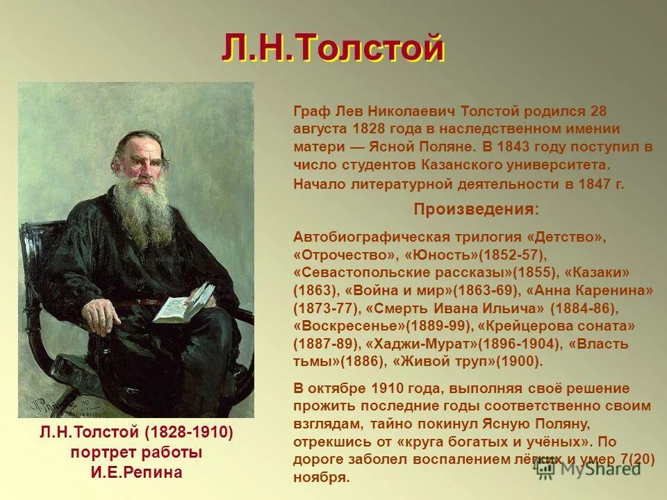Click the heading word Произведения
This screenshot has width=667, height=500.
pyautogui.click(x=475, y=209)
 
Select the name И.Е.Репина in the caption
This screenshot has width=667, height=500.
pyautogui.click(x=136, y=474)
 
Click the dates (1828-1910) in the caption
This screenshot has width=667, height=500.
pyautogui.click(x=189, y=433)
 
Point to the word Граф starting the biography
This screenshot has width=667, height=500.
pyautogui.click(x=310, y=111)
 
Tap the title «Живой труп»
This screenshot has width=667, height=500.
pyautogui.click(x=438, y=362)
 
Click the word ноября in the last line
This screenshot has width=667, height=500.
pyautogui.click(x=321, y=478)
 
